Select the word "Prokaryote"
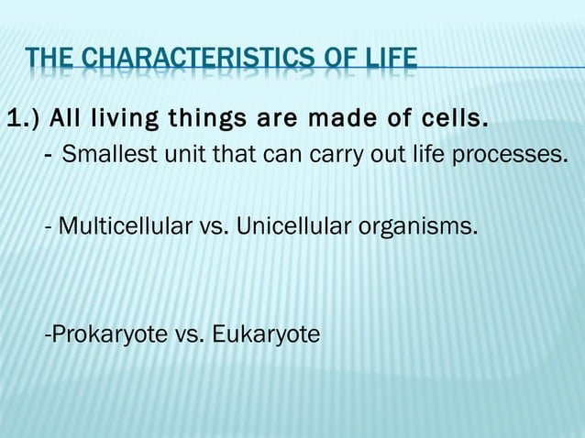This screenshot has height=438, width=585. [108, 334]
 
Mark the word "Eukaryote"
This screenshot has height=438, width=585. [266, 334]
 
